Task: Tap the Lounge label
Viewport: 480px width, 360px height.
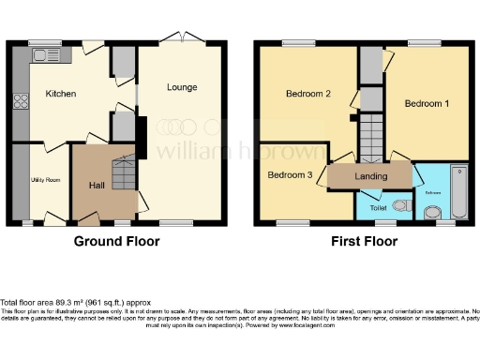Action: click(x=182, y=87)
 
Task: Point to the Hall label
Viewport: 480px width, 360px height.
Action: click(x=96, y=185)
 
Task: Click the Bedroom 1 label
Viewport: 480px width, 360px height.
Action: click(x=427, y=104)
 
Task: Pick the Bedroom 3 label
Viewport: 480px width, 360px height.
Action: click(x=290, y=174)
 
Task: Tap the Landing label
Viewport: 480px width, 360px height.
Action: click(x=370, y=175)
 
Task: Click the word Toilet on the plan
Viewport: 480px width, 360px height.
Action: click(x=379, y=208)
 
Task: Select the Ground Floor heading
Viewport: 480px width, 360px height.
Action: click(x=117, y=241)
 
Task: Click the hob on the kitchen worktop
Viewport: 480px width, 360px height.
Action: click(x=18, y=100)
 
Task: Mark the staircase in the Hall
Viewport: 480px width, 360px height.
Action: click(x=123, y=172)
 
